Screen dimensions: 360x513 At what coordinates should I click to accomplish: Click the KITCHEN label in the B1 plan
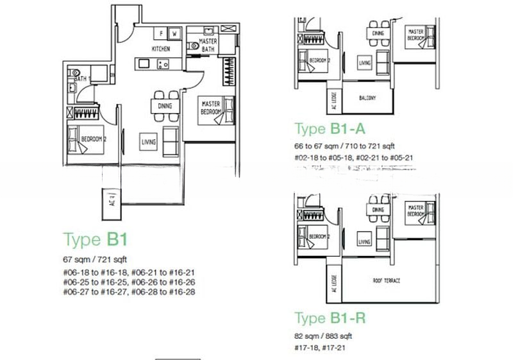coord(161,49)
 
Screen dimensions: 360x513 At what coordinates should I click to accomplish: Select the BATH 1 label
coord(82,78)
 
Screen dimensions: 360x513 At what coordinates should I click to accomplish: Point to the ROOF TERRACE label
coord(387,280)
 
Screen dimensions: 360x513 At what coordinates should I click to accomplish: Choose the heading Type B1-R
coord(330,318)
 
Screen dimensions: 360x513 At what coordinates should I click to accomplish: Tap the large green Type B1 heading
coord(96,240)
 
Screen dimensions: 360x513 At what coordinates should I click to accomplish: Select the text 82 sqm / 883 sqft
coord(323,336)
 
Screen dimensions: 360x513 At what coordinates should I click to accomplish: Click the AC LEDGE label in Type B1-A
coord(334,96)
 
